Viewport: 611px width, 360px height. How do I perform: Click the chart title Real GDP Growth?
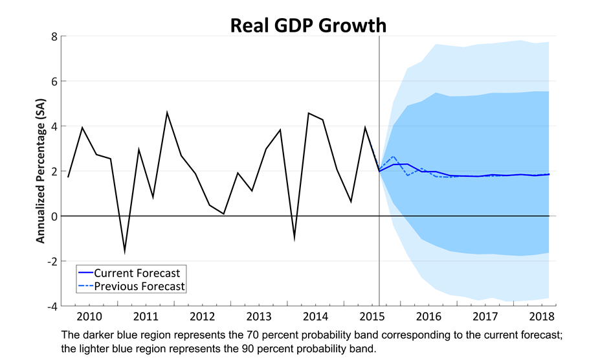click(x=308, y=25)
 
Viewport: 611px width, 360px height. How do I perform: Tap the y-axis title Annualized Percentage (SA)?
click(x=41, y=172)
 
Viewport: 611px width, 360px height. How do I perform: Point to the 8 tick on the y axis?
click(x=54, y=37)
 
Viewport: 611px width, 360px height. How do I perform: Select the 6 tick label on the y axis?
click(x=54, y=82)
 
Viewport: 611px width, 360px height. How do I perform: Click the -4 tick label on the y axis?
click(x=52, y=306)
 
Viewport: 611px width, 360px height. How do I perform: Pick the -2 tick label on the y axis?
click(x=52, y=261)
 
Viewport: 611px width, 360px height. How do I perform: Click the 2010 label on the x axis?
click(x=89, y=317)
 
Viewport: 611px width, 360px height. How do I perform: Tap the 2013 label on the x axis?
click(x=259, y=317)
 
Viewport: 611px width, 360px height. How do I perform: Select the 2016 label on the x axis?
click(x=428, y=317)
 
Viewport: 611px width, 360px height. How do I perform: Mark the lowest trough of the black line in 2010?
click(x=124, y=252)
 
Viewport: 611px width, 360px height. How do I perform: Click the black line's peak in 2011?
click(x=167, y=113)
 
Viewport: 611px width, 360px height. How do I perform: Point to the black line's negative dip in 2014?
click(x=294, y=239)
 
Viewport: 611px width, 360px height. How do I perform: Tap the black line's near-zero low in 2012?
click(x=223, y=214)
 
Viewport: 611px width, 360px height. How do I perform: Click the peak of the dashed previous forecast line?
click(x=394, y=157)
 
